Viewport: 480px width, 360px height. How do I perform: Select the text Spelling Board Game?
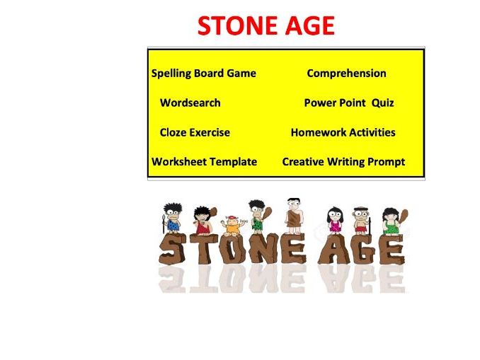click(204, 74)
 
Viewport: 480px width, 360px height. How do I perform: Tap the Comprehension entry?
click(346, 74)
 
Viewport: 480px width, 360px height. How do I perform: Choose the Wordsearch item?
click(190, 103)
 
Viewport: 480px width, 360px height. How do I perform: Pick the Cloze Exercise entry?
click(195, 132)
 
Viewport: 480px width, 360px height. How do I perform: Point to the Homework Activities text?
click(343, 132)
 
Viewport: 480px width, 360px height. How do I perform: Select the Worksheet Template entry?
click(204, 162)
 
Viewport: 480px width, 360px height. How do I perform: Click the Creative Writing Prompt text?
click(343, 162)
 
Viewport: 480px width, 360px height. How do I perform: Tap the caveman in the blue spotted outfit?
click(172, 218)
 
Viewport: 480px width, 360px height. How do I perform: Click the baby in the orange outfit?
click(231, 225)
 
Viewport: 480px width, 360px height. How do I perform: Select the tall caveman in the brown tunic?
click(293, 214)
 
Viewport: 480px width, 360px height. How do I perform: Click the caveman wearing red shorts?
click(362, 221)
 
